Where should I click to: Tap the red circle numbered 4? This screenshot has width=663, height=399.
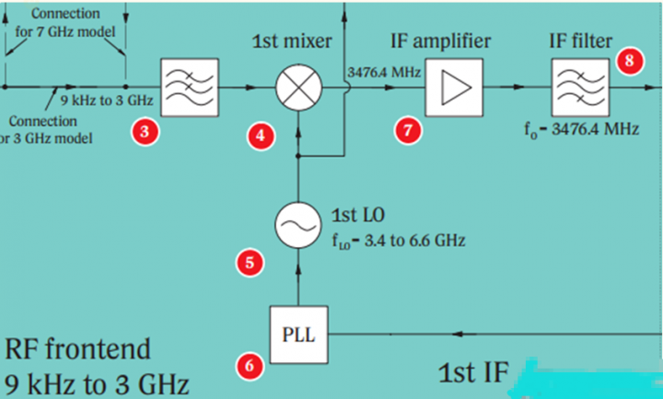pyautogui.click(x=262, y=135)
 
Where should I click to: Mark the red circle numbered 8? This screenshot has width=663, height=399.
pyautogui.click(x=629, y=62)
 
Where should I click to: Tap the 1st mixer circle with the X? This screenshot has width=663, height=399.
pyautogui.click(x=297, y=89)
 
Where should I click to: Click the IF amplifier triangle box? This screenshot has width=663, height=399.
pyautogui.click(x=453, y=89)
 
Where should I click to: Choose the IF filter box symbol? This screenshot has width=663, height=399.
pyautogui.click(x=579, y=89)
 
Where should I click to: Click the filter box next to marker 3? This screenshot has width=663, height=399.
pyautogui.click(x=189, y=88)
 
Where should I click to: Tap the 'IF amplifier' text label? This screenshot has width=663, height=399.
pyautogui.click(x=440, y=41)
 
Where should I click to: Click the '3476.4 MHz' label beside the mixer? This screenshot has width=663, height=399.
pyautogui.click(x=383, y=72)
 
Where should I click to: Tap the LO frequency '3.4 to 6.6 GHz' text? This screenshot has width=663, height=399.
pyautogui.click(x=405, y=241)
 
